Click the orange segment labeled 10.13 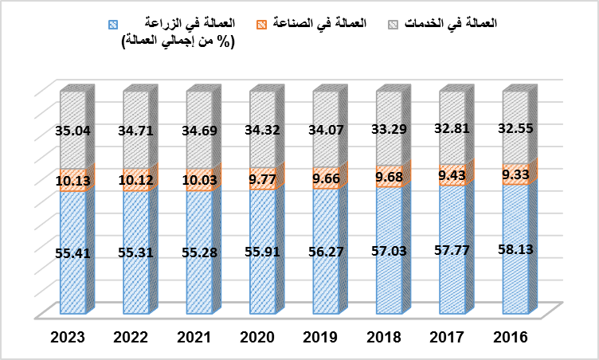point(72,180)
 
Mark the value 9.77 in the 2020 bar point(262,178)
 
